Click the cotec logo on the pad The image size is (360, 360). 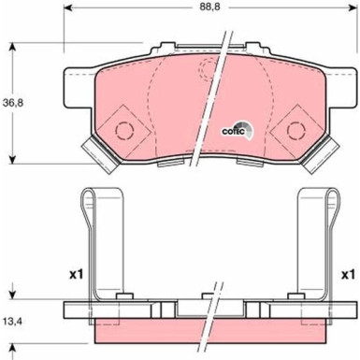(234, 130)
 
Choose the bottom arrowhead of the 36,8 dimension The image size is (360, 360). (12, 157)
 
